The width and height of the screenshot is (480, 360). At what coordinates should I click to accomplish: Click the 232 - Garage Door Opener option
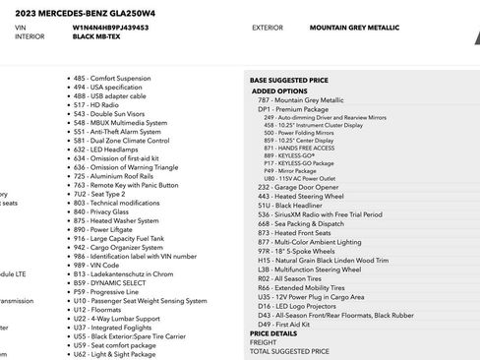pyautogui.click(x=299, y=186)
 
